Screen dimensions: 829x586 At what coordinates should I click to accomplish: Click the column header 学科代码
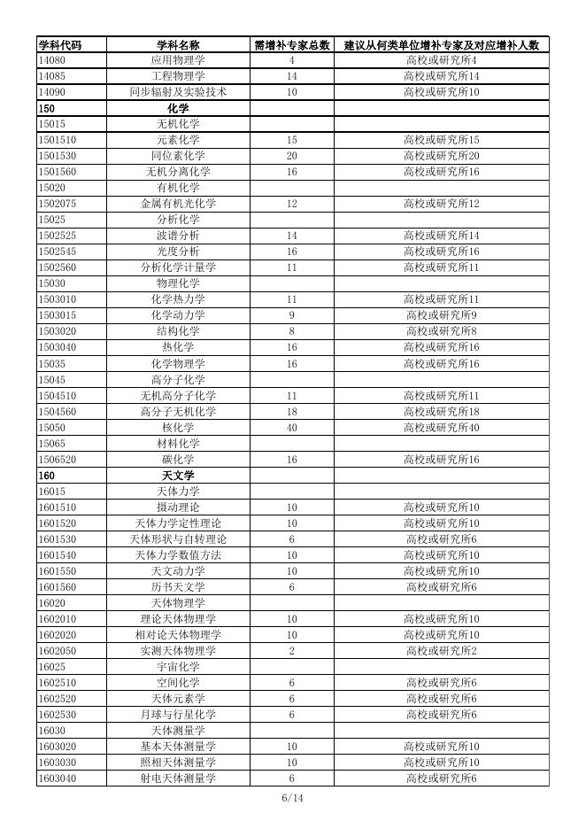(60, 44)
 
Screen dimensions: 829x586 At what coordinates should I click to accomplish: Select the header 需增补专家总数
(291, 44)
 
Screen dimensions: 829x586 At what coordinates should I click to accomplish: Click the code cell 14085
(52, 76)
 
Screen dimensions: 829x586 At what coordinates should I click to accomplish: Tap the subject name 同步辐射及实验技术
(178, 92)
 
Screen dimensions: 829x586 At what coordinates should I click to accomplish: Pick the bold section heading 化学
(178, 108)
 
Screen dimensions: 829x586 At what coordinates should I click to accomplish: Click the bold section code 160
(47, 476)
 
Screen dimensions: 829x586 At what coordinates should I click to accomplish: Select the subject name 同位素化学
(178, 156)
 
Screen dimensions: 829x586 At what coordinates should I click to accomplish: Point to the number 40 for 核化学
(291, 428)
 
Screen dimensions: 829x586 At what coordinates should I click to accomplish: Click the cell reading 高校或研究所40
(441, 428)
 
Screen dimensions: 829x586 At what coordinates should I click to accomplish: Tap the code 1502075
(58, 204)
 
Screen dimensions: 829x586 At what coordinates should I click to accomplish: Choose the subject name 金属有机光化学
(178, 204)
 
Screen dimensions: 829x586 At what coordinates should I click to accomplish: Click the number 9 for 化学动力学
(291, 315)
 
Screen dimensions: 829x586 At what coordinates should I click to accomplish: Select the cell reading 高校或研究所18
(441, 412)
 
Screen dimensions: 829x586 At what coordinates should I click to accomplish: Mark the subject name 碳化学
(178, 460)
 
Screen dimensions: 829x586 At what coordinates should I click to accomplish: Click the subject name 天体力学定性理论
(178, 523)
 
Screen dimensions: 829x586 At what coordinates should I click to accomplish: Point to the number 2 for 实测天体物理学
(291, 651)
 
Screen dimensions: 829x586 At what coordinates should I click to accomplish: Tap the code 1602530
(58, 715)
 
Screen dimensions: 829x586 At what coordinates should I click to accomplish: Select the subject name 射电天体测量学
(178, 779)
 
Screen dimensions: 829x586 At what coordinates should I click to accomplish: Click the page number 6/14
(292, 798)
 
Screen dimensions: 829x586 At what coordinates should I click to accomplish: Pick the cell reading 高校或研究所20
(441, 156)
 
